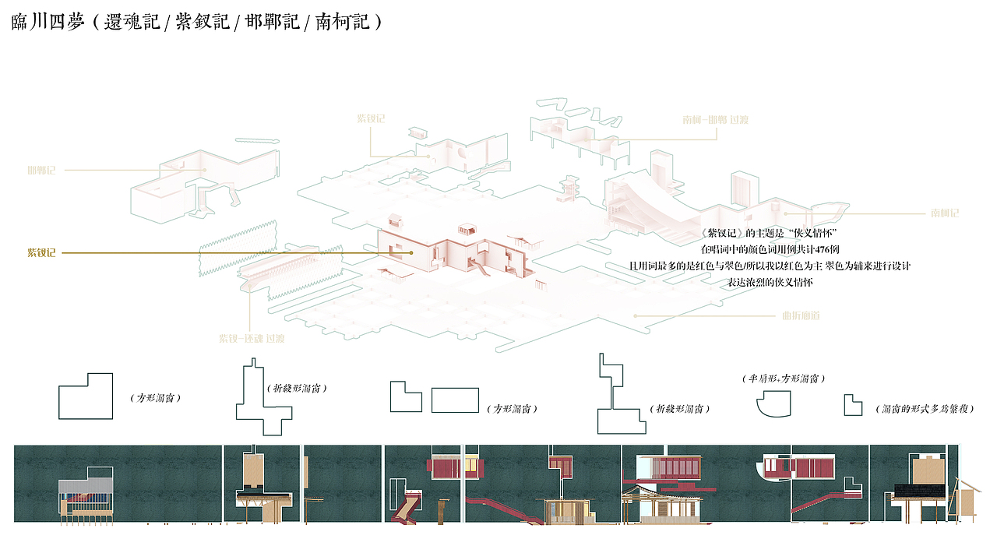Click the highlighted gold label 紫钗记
click(41, 253)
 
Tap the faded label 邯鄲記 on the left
click(41, 170)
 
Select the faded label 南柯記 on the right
click(944, 213)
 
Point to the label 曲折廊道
click(801, 316)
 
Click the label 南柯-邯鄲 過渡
click(716, 120)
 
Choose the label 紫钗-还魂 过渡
click(252, 339)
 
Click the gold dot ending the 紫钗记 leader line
click(410, 253)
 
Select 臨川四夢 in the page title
click(48, 22)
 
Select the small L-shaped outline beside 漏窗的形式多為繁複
click(853, 405)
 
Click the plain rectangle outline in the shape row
click(455, 400)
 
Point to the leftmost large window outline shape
click(86, 396)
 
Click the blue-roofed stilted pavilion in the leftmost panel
click(86, 495)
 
